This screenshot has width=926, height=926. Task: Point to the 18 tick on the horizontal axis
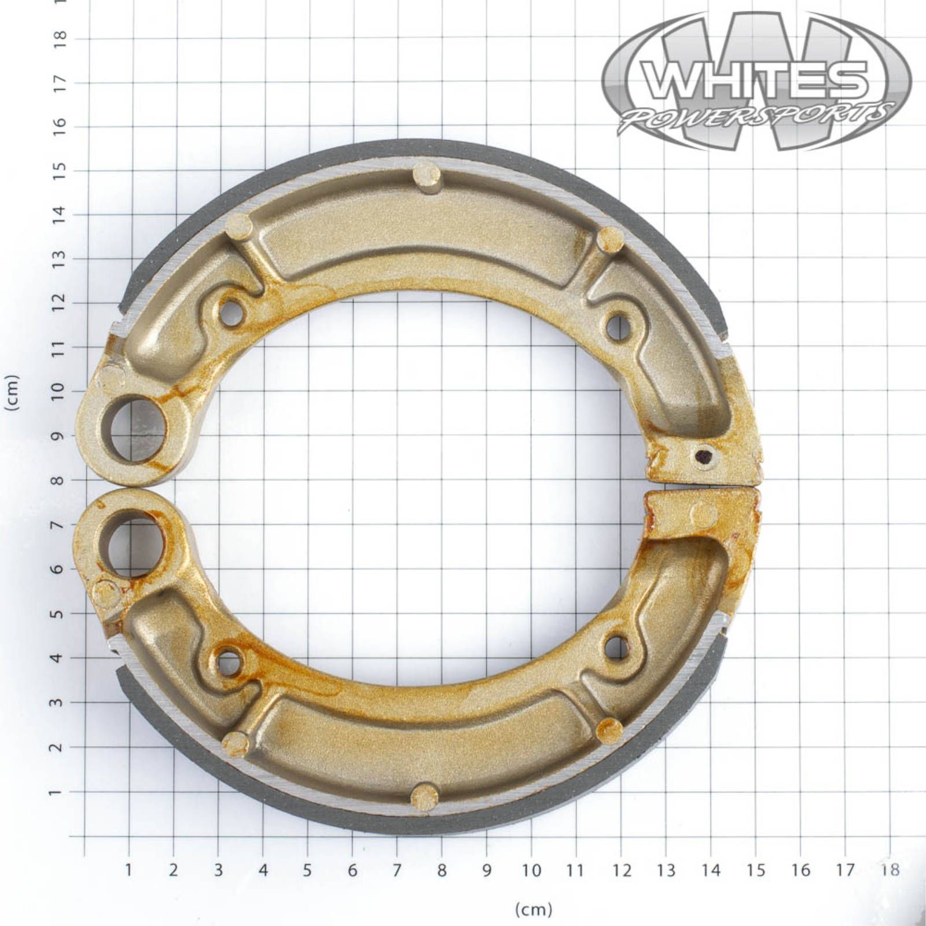tap(890, 869)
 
